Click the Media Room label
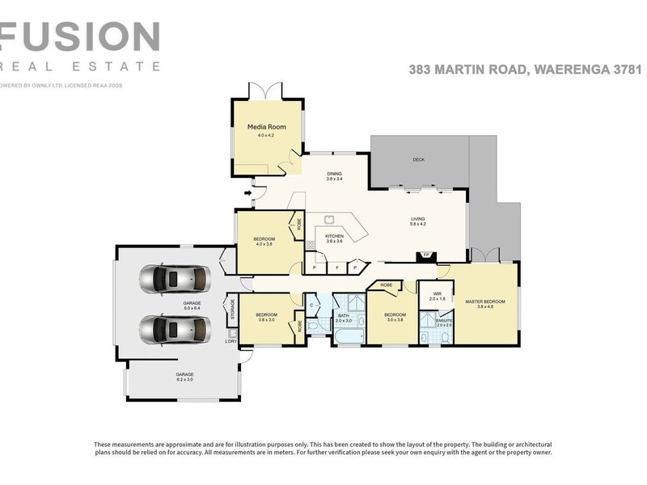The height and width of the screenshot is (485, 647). (x=267, y=127)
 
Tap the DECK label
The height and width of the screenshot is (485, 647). (x=418, y=159)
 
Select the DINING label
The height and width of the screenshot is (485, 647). (x=334, y=174)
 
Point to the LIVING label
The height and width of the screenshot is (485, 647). (x=417, y=219)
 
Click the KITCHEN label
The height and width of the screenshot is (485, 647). (x=334, y=235)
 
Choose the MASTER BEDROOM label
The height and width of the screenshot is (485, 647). (x=484, y=302)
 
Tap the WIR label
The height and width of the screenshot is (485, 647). (x=437, y=294)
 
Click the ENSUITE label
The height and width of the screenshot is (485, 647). (x=445, y=320)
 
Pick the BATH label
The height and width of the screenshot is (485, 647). (x=343, y=316)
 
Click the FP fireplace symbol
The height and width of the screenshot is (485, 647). (x=426, y=255)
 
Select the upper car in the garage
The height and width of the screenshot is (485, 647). (x=174, y=280)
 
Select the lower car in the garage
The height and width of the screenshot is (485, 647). (x=174, y=330)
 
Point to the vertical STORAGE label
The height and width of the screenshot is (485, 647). (x=233, y=310)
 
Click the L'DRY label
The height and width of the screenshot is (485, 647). (x=231, y=341)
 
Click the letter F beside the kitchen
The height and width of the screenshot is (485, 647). (x=336, y=267)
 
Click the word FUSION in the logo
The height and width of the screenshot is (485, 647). (x=79, y=36)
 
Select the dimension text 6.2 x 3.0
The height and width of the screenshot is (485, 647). (x=185, y=380)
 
